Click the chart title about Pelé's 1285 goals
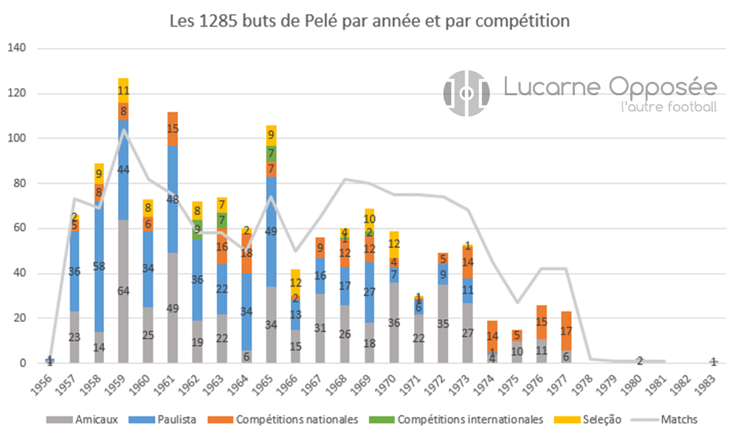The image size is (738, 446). coord(369,21)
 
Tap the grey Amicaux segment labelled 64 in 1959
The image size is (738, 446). coord(123,291)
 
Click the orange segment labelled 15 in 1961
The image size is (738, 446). coord(173,128)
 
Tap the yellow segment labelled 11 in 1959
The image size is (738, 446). coord(123,91)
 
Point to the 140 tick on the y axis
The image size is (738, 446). coord(16,49)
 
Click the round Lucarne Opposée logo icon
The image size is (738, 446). coord(466,93)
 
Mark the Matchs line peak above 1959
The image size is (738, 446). coord(123,130)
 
